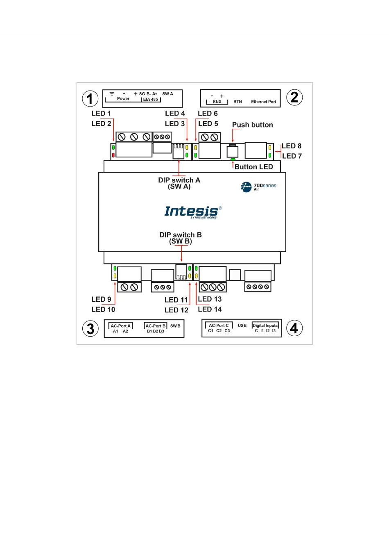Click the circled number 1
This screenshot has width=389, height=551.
(x=90, y=98)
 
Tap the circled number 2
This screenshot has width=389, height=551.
(x=294, y=98)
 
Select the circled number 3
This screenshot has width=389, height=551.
(x=90, y=328)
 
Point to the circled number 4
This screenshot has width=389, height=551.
(x=294, y=328)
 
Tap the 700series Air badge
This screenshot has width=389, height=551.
(x=258, y=187)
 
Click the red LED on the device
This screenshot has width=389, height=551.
(x=113, y=155)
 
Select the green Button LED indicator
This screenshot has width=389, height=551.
(x=233, y=159)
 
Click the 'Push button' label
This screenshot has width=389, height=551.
(x=252, y=125)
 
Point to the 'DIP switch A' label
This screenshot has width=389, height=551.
(x=179, y=180)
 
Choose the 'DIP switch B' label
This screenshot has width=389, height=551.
(x=181, y=235)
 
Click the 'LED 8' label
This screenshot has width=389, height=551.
(x=292, y=146)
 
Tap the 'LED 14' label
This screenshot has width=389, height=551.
(x=210, y=309)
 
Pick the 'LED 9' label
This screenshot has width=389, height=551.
(x=101, y=299)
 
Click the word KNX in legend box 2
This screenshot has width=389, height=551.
(x=217, y=102)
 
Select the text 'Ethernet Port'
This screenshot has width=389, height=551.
(x=264, y=102)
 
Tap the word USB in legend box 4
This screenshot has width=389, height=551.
(x=242, y=326)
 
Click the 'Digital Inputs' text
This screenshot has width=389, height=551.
(x=265, y=326)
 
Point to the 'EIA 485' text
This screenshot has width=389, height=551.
(x=150, y=100)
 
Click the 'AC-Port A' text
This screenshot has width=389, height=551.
(x=121, y=326)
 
